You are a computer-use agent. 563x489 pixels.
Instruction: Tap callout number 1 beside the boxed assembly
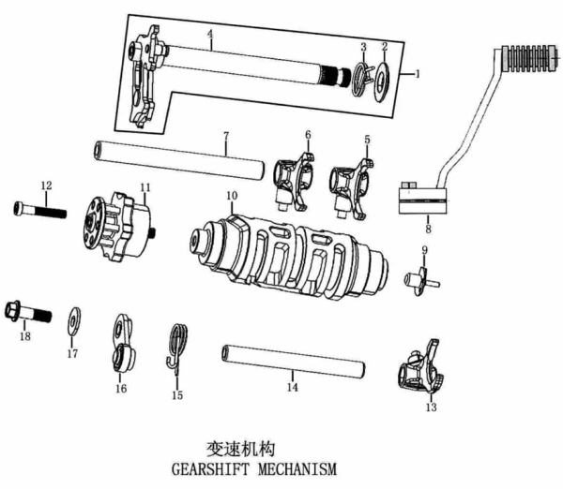(418, 71)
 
